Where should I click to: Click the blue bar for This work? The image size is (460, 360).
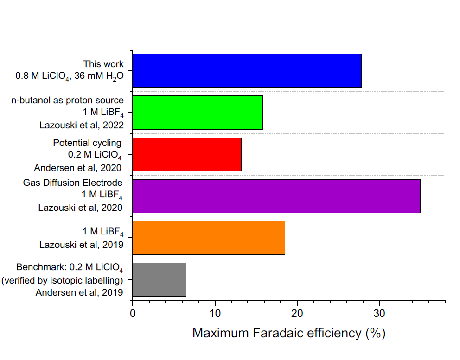[247, 70]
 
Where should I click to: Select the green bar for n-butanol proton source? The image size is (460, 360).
[198, 113]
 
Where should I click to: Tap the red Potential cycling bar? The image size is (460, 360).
[187, 154]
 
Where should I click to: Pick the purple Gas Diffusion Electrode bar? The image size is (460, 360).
[276, 196]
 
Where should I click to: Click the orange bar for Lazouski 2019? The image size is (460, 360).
[209, 238]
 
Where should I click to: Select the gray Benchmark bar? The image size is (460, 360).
[160, 279]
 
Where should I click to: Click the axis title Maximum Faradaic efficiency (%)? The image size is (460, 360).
[289, 333]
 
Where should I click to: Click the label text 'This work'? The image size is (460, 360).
[103, 64]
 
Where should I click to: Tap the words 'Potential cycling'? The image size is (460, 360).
[87, 143]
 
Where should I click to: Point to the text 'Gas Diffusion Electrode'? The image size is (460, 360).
[73, 183]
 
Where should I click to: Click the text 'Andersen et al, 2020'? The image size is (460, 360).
[78, 167]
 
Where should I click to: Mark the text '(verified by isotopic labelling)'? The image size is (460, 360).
[63, 280]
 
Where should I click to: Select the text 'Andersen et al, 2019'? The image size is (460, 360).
[79, 292]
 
